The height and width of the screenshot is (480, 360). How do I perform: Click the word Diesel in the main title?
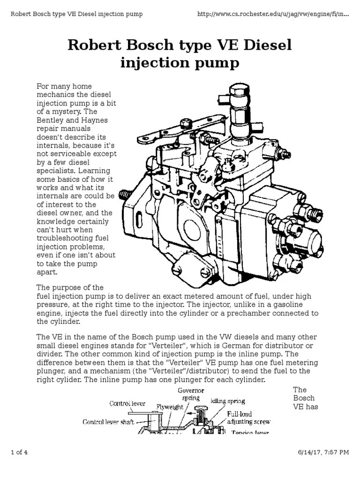265,45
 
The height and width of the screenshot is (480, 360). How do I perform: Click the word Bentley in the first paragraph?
49,120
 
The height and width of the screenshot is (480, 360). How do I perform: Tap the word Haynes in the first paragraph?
96,120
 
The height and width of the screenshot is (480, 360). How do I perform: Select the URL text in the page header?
274,14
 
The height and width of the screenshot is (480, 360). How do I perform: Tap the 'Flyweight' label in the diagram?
170,407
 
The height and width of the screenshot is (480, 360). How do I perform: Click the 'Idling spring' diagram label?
228,402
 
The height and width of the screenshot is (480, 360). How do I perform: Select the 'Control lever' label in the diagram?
127,403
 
